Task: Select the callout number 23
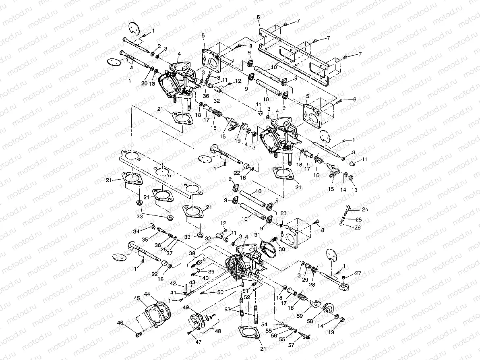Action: (283, 214)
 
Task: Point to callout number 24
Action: (364, 209)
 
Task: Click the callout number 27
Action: (358, 273)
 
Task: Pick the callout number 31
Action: (256, 235)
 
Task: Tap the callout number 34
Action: (136, 231)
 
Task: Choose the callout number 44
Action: (147, 294)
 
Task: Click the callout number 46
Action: (120, 323)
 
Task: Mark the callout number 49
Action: (186, 307)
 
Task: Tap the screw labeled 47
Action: (189, 333)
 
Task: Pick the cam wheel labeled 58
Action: (329, 308)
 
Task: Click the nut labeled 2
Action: (153, 54)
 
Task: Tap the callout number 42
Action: (172, 283)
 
